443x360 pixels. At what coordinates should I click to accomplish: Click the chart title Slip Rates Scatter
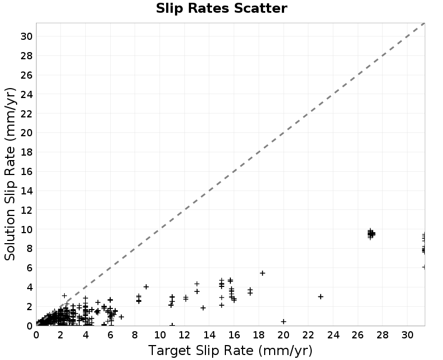pyautogui.click(x=221, y=8)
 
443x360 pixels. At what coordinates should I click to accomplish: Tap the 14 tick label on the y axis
pyautogui.click(x=26, y=191)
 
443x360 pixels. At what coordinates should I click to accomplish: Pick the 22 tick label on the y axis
pyautogui.click(x=26, y=114)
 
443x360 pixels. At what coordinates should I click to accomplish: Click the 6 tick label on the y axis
pyautogui.click(x=29, y=268)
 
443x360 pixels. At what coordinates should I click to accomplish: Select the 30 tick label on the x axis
pyautogui.click(x=407, y=335)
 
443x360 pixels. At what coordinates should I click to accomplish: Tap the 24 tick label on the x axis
pyautogui.click(x=333, y=335)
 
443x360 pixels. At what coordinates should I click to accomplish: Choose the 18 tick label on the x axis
pyautogui.click(x=259, y=335)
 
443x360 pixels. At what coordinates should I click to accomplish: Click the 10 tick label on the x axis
pyautogui.click(x=159, y=335)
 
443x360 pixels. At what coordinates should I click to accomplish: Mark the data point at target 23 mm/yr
pyautogui.click(x=321, y=296)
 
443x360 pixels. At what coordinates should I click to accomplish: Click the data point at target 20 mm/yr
pyautogui.click(x=284, y=321)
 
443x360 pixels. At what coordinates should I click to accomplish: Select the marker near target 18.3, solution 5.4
pyautogui.click(x=262, y=273)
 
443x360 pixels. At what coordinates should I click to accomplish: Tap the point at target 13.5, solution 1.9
pyautogui.click(x=203, y=307)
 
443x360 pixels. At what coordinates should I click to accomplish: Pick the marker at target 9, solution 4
pyautogui.click(x=146, y=286)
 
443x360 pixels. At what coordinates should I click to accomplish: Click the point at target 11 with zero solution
pyautogui.click(x=172, y=325)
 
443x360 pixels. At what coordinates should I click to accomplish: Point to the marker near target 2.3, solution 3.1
pyautogui.click(x=64, y=295)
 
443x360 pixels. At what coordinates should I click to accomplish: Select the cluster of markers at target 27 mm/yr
pyautogui.click(x=371, y=234)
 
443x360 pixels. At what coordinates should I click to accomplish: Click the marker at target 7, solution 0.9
pyautogui.click(x=121, y=317)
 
